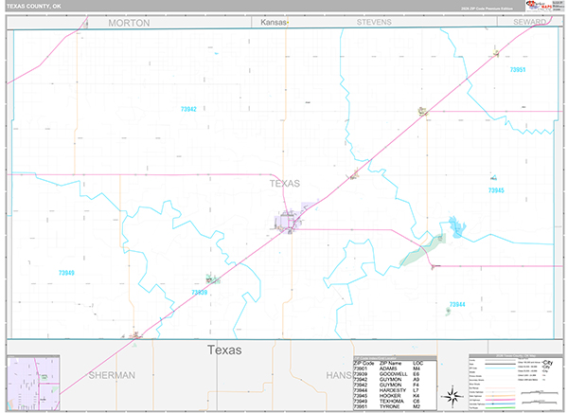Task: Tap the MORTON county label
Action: pyautogui.click(x=129, y=22)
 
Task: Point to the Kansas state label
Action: pyautogui.click(x=275, y=22)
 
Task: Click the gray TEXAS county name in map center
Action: pyautogui.click(x=284, y=183)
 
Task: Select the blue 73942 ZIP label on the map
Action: pyautogui.click(x=188, y=110)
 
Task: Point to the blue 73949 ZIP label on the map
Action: pyautogui.click(x=66, y=273)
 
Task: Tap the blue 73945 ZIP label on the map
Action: pyautogui.click(x=496, y=190)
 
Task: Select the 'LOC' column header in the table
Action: pyautogui.click(x=417, y=362)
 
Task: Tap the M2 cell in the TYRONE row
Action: pyautogui.click(x=417, y=406)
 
